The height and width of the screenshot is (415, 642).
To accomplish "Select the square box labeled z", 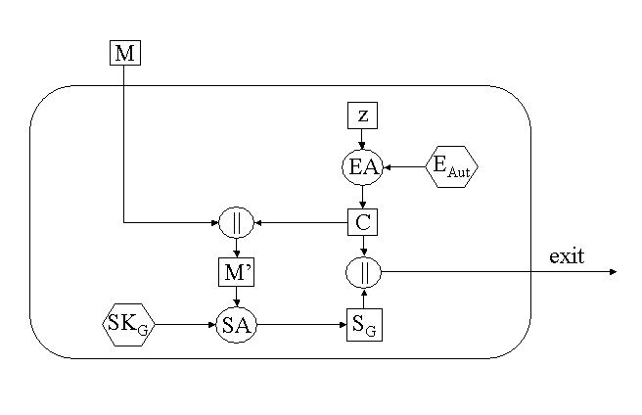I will coord(363,115).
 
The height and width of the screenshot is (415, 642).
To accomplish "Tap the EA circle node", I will coord(363,167).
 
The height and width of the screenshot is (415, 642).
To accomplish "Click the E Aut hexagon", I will coord(452,167).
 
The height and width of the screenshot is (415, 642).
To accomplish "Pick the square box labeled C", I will coord(363,222).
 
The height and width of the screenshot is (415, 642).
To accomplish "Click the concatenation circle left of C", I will coord(236,222).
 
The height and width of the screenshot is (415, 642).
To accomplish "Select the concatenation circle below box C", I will coord(363,271).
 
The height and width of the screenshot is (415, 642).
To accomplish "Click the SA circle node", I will coord(236,325).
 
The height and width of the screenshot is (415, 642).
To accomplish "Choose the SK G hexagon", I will coord(128,325).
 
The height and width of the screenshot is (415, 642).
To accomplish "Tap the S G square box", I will coord(363,325).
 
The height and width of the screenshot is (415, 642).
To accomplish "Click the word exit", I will coord(567,257).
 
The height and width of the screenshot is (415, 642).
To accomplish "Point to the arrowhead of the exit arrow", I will coord(612,271).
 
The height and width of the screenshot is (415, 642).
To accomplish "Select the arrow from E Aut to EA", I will coord(406,167).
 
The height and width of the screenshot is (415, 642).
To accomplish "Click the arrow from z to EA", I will coord(363,139).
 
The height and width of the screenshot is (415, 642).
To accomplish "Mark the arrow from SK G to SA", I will coord(186,325).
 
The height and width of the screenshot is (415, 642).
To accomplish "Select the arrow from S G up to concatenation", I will coord(363,299).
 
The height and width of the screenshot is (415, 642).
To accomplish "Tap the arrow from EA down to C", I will coord(363,197).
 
